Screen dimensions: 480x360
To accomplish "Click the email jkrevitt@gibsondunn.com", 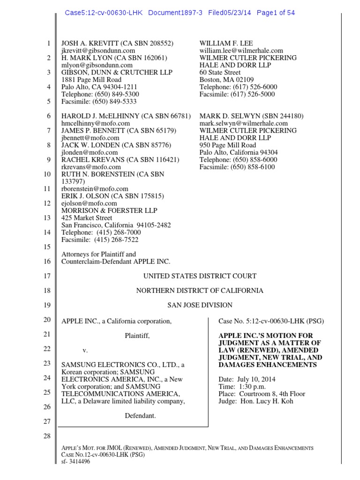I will [98, 51].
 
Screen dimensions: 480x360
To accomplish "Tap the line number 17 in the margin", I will [47, 277].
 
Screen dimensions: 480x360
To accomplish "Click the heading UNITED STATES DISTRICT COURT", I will [200, 277].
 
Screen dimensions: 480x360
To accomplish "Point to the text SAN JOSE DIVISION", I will [200, 305].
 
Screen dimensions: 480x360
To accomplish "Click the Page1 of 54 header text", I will [276, 13].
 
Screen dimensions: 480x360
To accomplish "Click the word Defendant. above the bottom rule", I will [140, 416].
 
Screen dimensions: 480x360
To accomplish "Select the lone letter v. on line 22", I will [85, 350].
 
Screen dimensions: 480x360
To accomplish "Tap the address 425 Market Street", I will [87, 218].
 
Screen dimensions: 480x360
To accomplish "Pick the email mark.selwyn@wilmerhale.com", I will [244, 123].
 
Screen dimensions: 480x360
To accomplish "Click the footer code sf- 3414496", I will [76, 462].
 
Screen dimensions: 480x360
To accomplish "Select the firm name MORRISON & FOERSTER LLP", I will [110, 210].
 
